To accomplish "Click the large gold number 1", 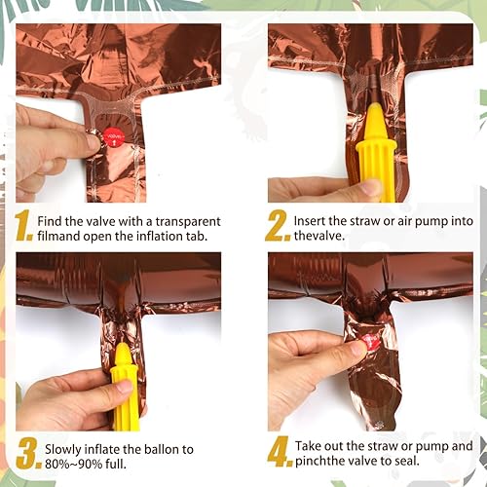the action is [23, 225].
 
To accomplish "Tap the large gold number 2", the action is [278, 225].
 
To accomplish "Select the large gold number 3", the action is [28, 453].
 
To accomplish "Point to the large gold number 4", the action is [281, 451].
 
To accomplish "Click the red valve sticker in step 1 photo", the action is [114, 137].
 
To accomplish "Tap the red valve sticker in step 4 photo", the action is [369, 342].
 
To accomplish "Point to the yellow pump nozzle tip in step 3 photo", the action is [121, 346].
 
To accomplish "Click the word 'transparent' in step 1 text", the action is [188, 222].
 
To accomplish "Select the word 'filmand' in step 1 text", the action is [58, 236].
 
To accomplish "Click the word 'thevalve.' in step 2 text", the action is [319, 236].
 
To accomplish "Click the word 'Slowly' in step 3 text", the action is [63, 450].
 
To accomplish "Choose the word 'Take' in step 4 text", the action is [308, 446].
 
